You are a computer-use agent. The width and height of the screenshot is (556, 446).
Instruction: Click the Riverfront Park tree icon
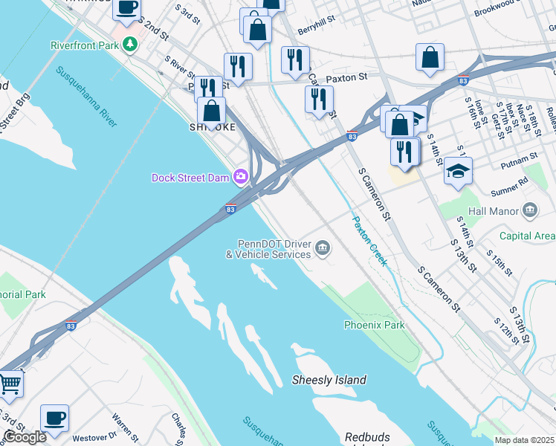[x=131, y=45]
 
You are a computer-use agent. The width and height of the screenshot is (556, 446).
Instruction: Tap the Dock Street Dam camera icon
[x=240, y=177]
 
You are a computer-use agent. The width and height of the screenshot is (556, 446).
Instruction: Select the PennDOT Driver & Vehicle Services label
[x=268, y=249]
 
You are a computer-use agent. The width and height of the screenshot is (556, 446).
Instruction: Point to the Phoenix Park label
[x=374, y=325]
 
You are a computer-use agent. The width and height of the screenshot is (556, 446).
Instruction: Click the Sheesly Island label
[x=329, y=380]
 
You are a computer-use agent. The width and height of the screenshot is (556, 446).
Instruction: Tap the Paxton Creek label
[x=369, y=241]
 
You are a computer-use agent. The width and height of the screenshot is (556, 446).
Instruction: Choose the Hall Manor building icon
[x=529, y=211]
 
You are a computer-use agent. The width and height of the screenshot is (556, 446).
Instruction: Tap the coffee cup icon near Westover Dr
[x=54, y=417]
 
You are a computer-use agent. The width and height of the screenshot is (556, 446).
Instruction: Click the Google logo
[x=24, y=437]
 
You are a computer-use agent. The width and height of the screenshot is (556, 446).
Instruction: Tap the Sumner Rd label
[x=514, y=180]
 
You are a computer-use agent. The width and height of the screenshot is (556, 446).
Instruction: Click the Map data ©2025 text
[x=524, y=440]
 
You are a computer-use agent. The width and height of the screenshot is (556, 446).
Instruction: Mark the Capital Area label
[x=527, y=236]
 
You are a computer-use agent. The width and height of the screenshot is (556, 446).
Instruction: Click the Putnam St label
[x=519, y=158]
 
